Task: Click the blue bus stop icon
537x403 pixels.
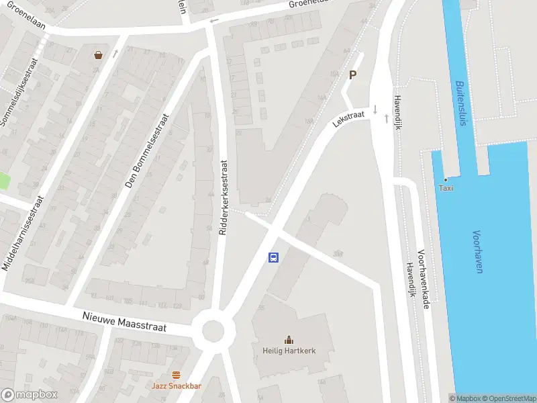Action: point(274,257)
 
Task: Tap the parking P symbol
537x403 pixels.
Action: point(352,75)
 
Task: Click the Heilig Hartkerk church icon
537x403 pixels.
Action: point(289,340)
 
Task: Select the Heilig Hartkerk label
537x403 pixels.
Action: point(289,351)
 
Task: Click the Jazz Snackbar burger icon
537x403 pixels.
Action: point(176,375)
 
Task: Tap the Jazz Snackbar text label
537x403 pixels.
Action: point(176,386)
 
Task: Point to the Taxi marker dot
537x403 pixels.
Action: point(445,179)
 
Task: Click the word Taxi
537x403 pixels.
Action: point(446,188)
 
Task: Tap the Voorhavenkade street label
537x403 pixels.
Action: point(424,279)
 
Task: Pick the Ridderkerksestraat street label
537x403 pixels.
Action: point(224,197)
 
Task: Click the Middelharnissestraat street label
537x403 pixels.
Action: point(22,233)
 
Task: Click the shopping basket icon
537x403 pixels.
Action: point(99,55)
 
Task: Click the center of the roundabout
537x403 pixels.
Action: point(213,330)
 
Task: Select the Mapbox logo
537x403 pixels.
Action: point(29,395)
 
